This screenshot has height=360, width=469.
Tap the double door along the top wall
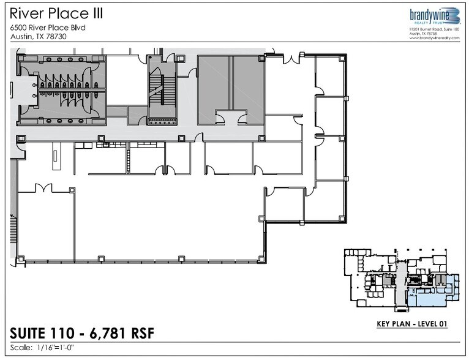(291, 59)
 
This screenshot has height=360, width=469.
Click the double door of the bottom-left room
(43, 187)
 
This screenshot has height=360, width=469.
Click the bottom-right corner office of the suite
(326, 202)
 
